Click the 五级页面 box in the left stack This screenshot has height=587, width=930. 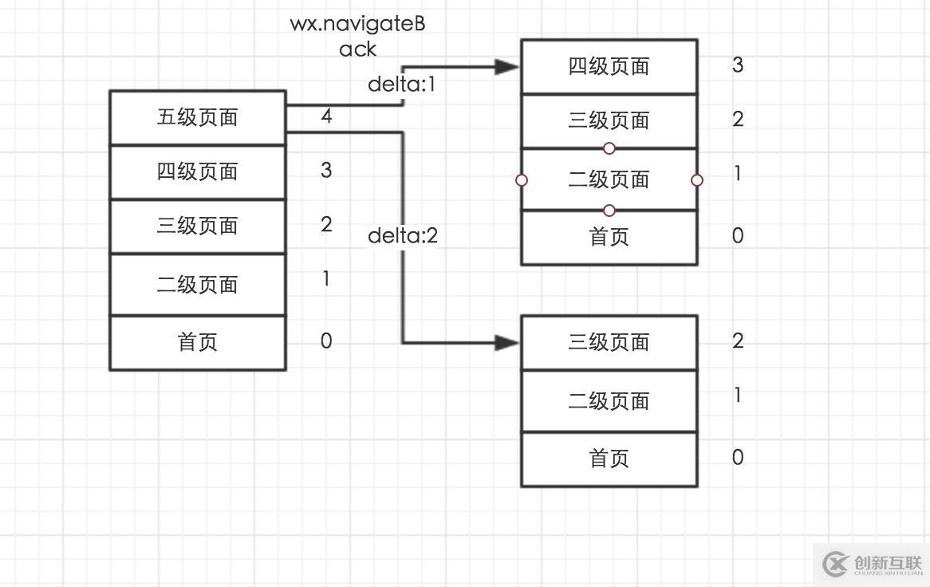coord(197,118)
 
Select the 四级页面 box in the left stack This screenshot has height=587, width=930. coord(197,172)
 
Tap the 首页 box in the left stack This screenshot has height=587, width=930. coord(197,343)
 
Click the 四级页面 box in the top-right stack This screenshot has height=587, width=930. coord(609,67)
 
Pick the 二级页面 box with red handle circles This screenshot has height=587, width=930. coord(609,180)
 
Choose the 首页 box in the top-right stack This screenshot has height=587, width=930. coord(609,237)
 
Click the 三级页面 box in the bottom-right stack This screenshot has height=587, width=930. coord(609,343)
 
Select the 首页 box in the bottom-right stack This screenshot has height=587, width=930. coord(609,459)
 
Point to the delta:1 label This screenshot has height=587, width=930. coord(402,85)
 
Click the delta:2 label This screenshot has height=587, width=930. coord(403,236)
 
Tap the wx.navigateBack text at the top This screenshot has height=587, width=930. coord(357,36)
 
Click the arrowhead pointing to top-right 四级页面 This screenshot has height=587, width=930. coord(507,67)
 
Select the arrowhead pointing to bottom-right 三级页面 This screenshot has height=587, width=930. coord(507,343)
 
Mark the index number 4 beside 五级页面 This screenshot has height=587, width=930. coord(326,116)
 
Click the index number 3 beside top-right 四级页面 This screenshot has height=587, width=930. coord(738,65)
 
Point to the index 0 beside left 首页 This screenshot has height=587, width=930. coord(326,341)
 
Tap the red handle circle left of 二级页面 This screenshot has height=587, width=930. coord(522,180)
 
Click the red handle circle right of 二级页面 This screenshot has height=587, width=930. coord(697,180)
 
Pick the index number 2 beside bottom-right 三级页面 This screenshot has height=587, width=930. coord(738,341)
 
